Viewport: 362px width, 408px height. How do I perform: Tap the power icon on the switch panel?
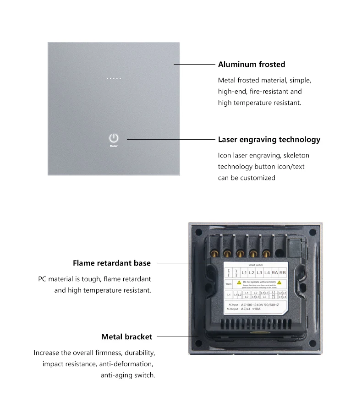(x=114, y=138)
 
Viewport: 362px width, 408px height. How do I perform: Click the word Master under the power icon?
(x=114, y=146)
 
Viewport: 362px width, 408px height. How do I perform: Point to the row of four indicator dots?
(x=114, y=78)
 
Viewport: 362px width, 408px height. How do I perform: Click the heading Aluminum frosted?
(x=252, y=65)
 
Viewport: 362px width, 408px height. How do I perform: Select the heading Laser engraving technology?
(x=269, y=140)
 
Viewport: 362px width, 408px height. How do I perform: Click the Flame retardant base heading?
(x=112, y=263)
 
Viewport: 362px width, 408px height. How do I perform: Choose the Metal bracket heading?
(x=126, y=337)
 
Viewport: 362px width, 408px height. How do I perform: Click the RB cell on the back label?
(x=282, y=273)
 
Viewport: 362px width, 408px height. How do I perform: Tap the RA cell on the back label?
(x=275, y=273)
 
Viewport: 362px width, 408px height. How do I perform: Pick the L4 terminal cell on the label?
(x=267, y=273)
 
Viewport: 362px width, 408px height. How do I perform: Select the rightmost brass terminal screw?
(x=266, y=252)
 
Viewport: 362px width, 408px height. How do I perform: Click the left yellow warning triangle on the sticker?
(x=239, y=283)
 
